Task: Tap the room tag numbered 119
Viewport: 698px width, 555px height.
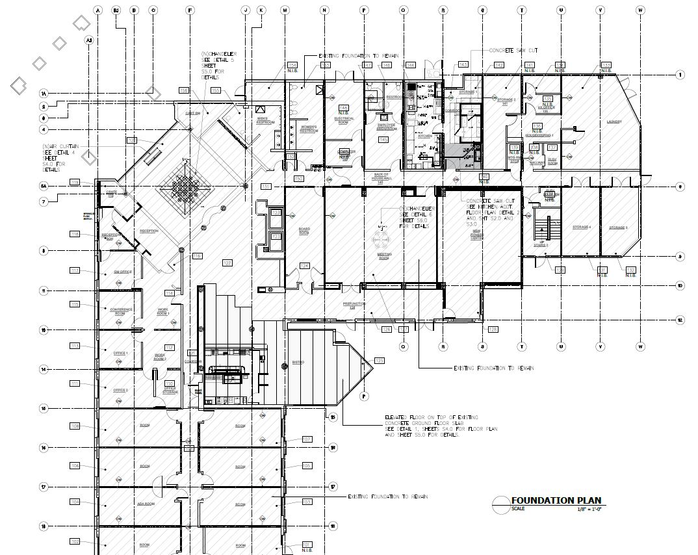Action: [75, 182]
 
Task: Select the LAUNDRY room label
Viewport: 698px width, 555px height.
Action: [614, 122]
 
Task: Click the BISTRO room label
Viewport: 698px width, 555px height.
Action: [298, 362]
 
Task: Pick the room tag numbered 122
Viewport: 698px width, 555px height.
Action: [227, 263]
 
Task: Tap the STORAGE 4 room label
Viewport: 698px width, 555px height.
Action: [581, 227]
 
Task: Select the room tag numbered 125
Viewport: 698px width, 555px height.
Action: [380, 360]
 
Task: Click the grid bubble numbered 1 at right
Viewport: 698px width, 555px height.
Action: [680, 75]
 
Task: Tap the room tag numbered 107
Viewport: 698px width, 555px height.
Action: [307, 440]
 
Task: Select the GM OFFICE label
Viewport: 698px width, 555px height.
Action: [122, 271]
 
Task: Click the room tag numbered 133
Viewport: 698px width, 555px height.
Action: [606, 65]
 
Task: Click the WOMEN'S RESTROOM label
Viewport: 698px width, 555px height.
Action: [308, 129]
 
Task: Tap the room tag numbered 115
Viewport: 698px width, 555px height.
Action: [75, 304]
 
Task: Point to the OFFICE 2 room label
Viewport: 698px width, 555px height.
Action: [121, 390]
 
